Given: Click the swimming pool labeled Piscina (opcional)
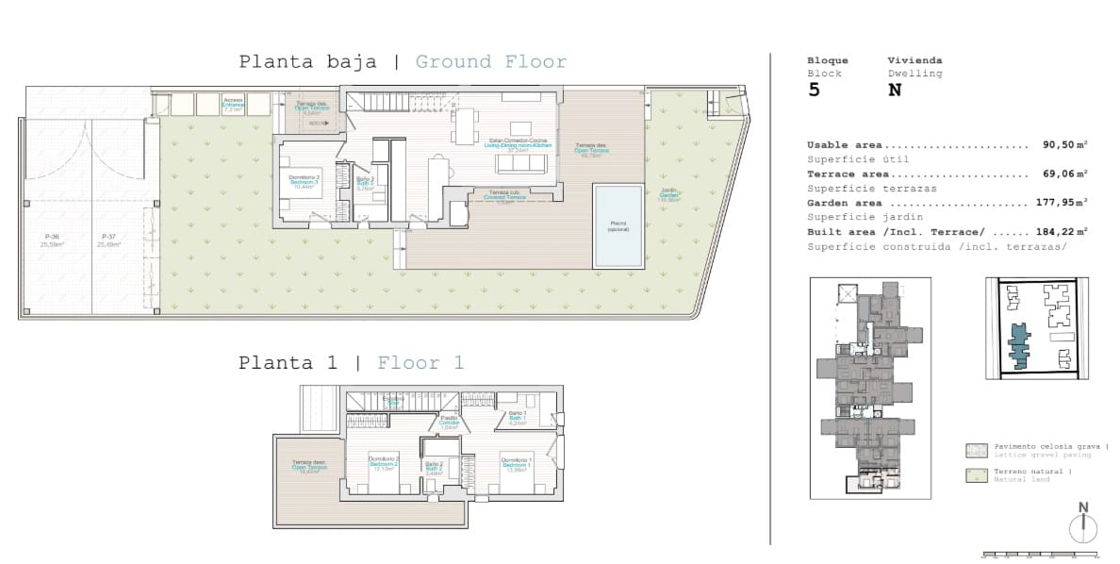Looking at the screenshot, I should point(618,224).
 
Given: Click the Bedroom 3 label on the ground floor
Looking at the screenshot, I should point(305,182).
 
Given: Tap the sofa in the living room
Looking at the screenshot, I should point(521,163).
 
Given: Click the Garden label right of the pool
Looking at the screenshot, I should point(668,196).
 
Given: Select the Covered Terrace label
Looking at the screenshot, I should point(505,196).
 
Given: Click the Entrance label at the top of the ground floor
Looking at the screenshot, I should point(233,105).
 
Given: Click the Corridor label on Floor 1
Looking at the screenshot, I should point(449,423).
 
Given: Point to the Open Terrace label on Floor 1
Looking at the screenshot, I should point(309,468).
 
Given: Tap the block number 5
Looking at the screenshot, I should point(815,91).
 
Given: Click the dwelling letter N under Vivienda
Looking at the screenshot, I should point(895,91).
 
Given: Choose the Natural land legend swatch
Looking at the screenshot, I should point(976,475).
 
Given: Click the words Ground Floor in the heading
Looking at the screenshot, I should point(491,62).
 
